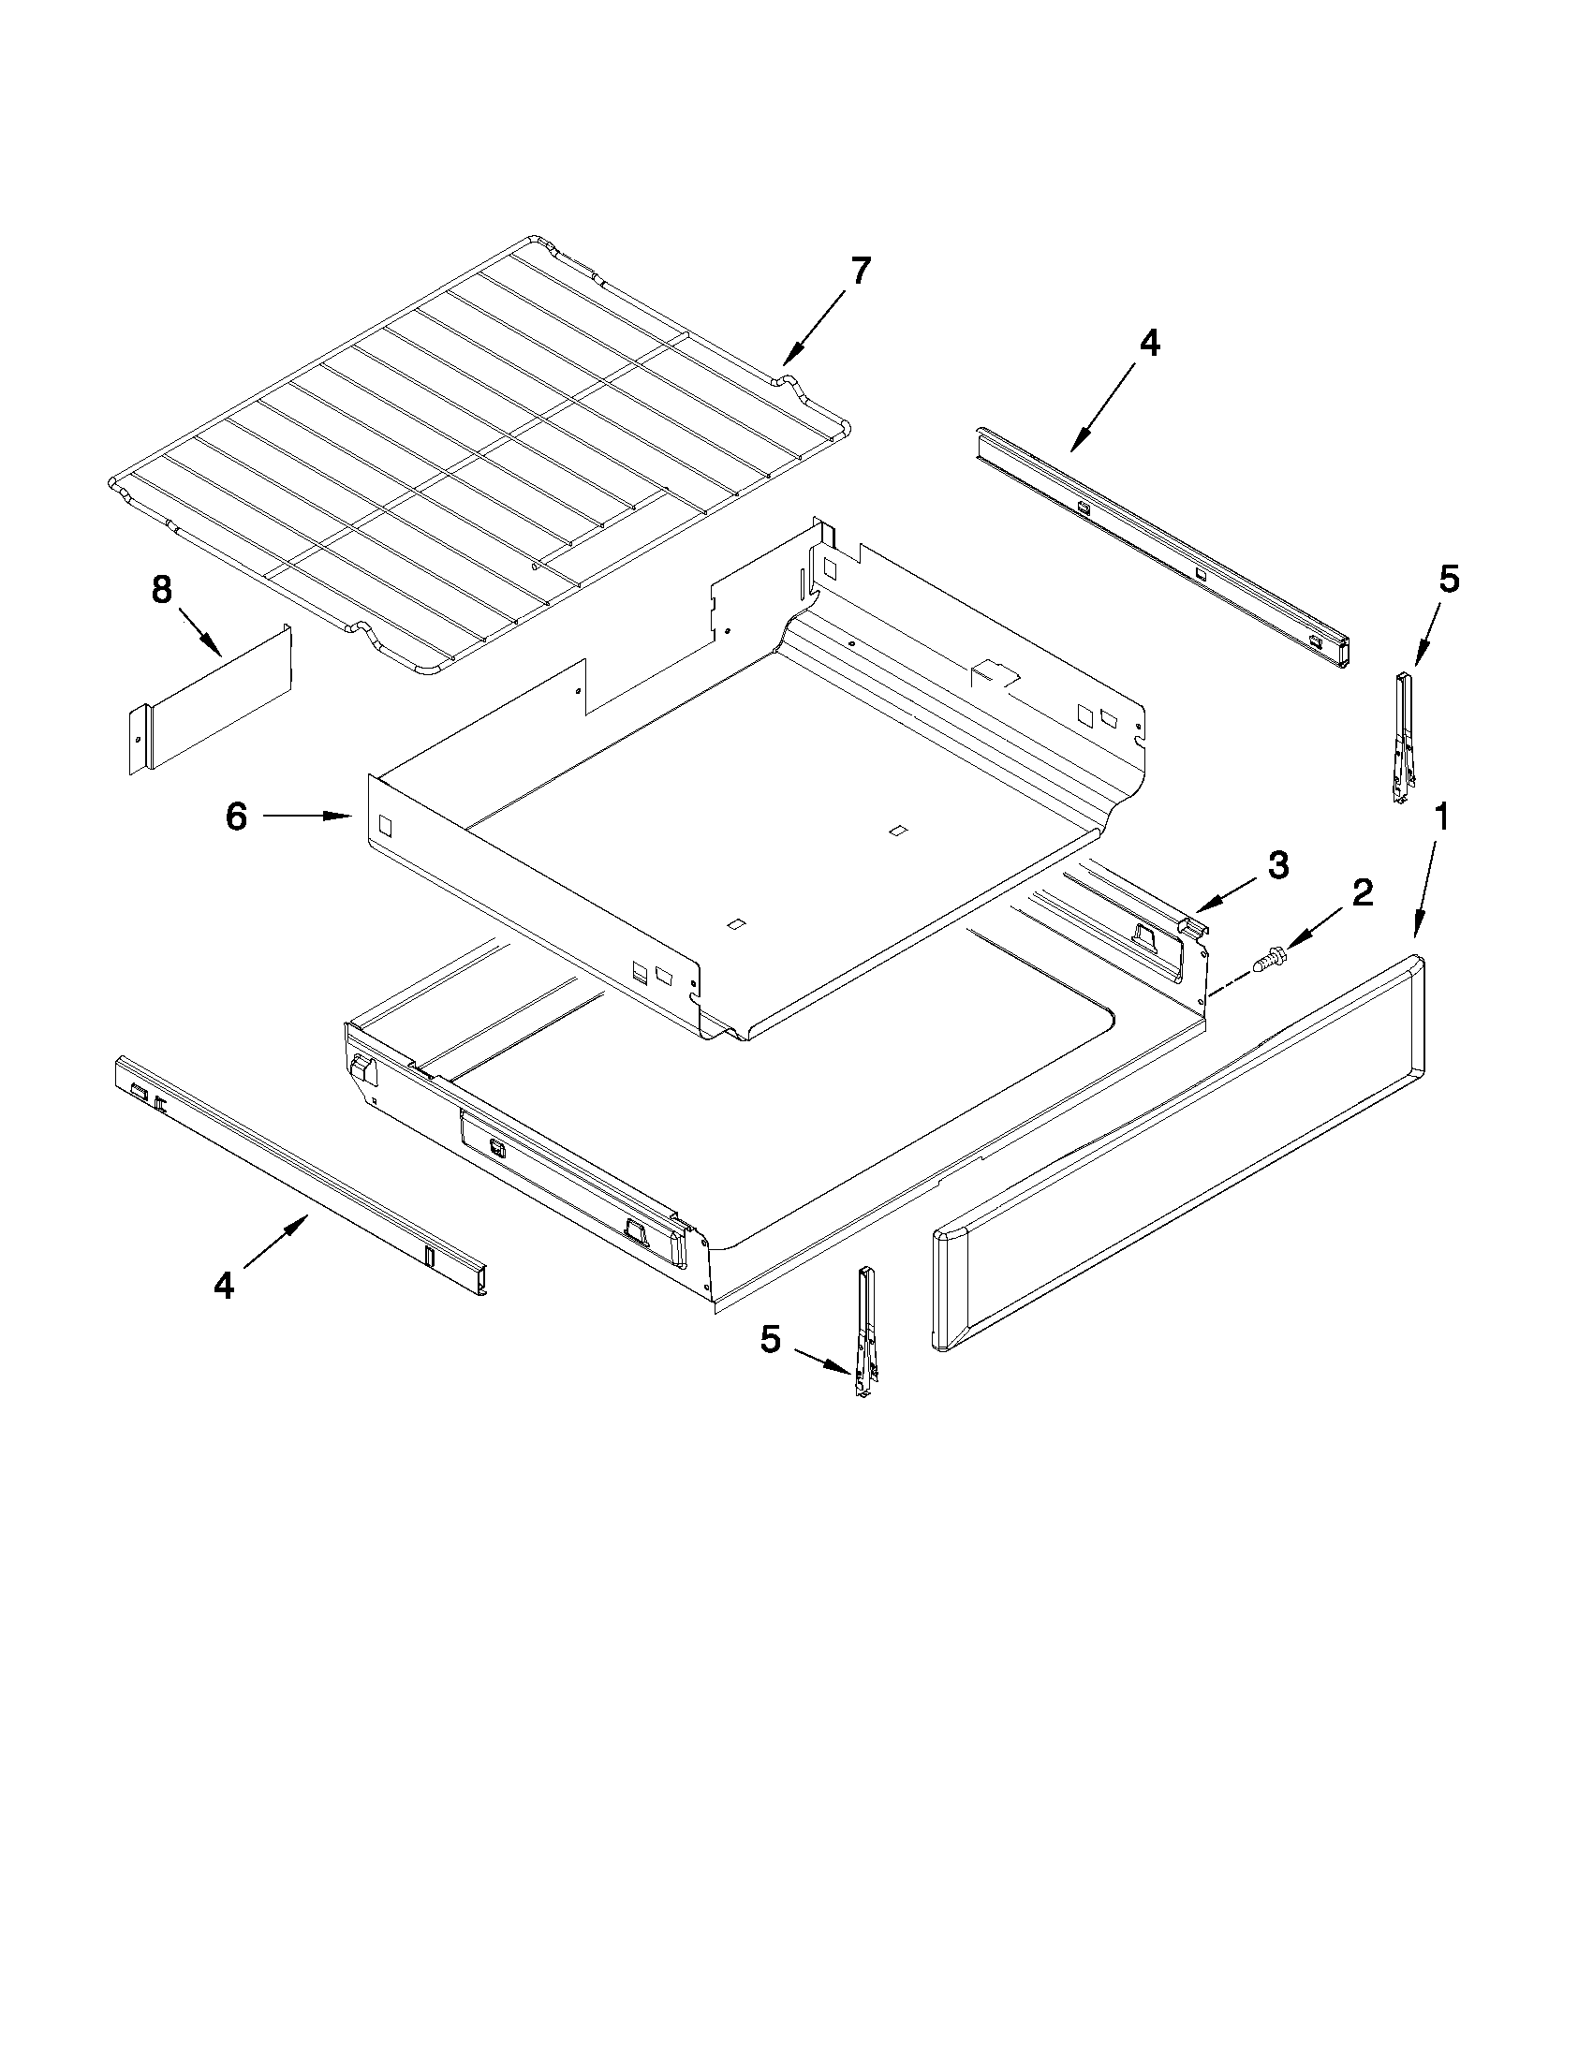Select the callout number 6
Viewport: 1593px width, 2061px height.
pos(236,817)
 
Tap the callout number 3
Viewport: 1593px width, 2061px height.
pos(1277,864)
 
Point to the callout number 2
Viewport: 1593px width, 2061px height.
pos(1362,891)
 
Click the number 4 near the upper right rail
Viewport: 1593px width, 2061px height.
pos(1148,344)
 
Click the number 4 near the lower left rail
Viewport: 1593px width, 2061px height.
pos(224,1286)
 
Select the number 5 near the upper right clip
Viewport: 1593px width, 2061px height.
pos(1449,579)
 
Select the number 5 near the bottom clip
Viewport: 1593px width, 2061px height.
pos(770,1339)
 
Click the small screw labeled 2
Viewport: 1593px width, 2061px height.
pos(1264,960)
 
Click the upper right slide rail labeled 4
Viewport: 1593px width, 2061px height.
pos(1160,548)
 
